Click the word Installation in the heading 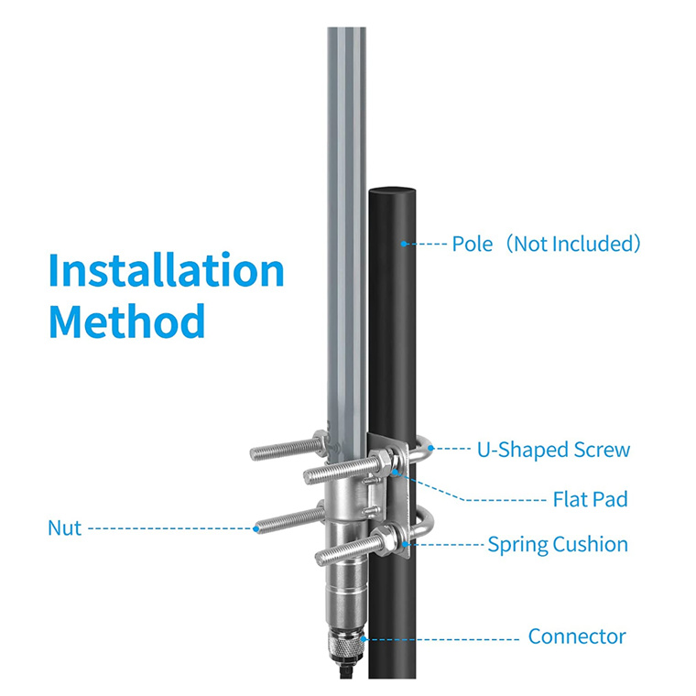167,270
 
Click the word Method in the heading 127,321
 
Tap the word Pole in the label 473,244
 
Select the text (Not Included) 574,244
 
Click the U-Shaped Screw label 553,450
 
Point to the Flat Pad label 591,499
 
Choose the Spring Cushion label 558,545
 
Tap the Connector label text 577,636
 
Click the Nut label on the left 65,528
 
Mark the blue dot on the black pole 404,244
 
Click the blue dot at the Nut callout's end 256,528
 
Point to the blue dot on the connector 363,638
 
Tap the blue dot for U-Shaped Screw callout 430,449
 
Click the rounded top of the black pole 392,191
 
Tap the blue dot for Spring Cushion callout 405,544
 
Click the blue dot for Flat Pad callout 395,472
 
